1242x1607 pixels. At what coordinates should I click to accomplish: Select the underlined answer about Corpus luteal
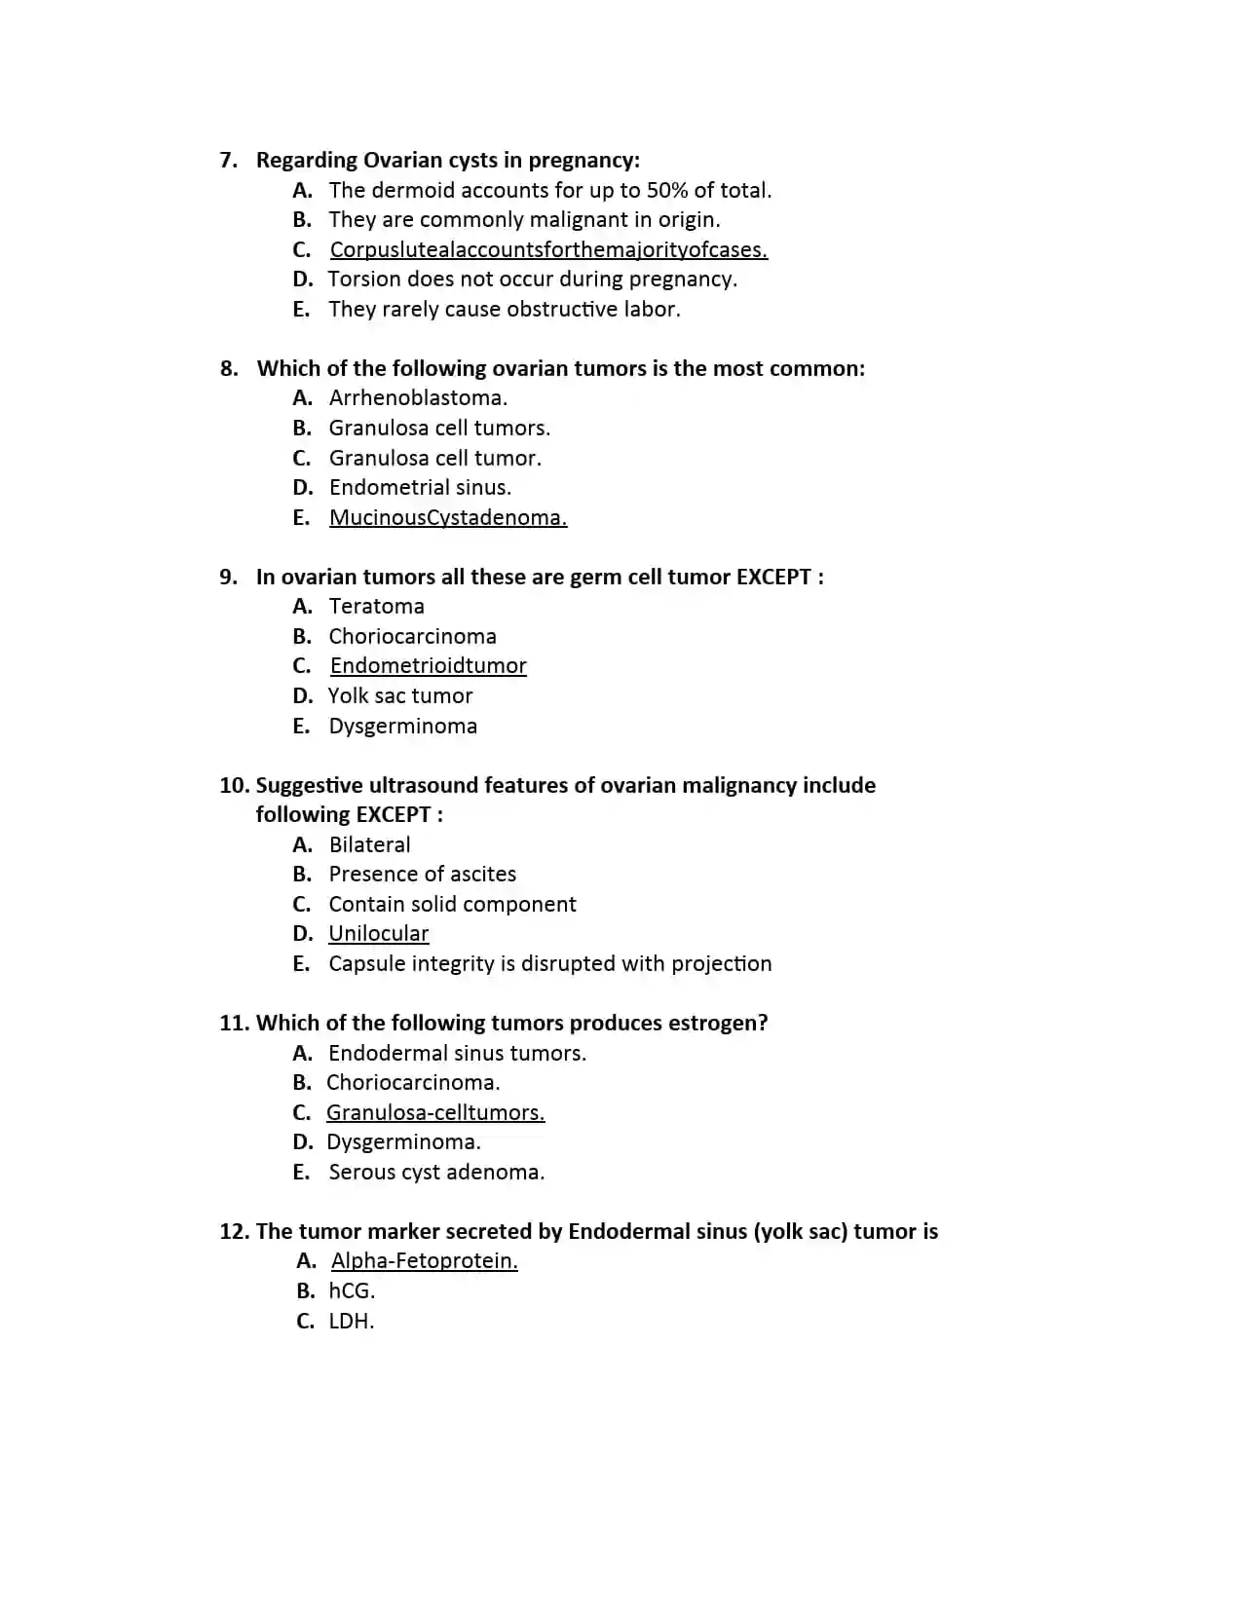tap(548, 249)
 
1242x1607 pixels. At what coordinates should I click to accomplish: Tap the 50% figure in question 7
tap(666, 190)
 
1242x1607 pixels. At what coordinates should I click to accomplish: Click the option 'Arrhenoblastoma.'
tap(418, 397)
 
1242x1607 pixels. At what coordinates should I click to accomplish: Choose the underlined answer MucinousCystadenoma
tap(448, 517)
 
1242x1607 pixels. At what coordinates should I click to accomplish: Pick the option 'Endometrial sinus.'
tap(420, 487)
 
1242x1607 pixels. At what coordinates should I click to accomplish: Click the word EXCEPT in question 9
tap(773, 577)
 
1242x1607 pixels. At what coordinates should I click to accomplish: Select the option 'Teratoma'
tap(376, 606)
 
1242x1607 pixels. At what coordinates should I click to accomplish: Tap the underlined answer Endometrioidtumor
tap(428, 665)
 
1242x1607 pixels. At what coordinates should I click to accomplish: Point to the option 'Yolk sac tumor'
tap(400, 695)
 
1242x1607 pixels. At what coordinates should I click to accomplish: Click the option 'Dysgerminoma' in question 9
tap(402, 726)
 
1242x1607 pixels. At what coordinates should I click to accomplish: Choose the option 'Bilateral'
tap(369, 844)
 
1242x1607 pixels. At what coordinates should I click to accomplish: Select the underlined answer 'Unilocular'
tap(378, 933)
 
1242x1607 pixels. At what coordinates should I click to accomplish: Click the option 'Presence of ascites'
tap(422, 874)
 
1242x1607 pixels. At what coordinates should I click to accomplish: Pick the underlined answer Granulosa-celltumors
tap(435, 1112)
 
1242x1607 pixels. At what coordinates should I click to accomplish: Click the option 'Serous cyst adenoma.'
tap(436, 1172)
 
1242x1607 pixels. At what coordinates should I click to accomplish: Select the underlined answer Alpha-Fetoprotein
tap(424, 1260)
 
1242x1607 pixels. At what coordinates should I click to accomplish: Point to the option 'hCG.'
tap(352, 1290)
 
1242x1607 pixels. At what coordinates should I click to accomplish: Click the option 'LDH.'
tap(351, 1321)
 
